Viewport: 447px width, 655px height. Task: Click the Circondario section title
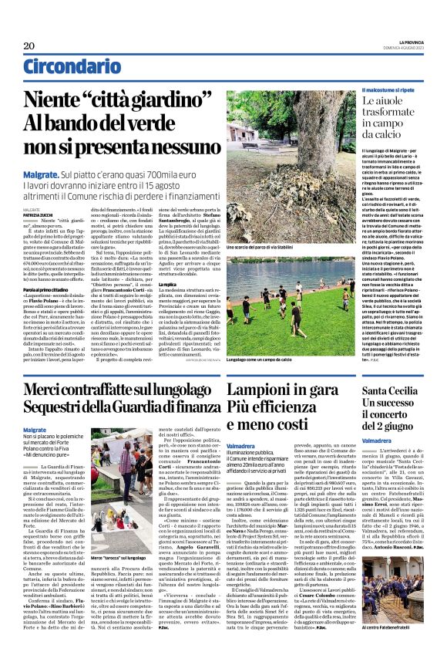69,67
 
